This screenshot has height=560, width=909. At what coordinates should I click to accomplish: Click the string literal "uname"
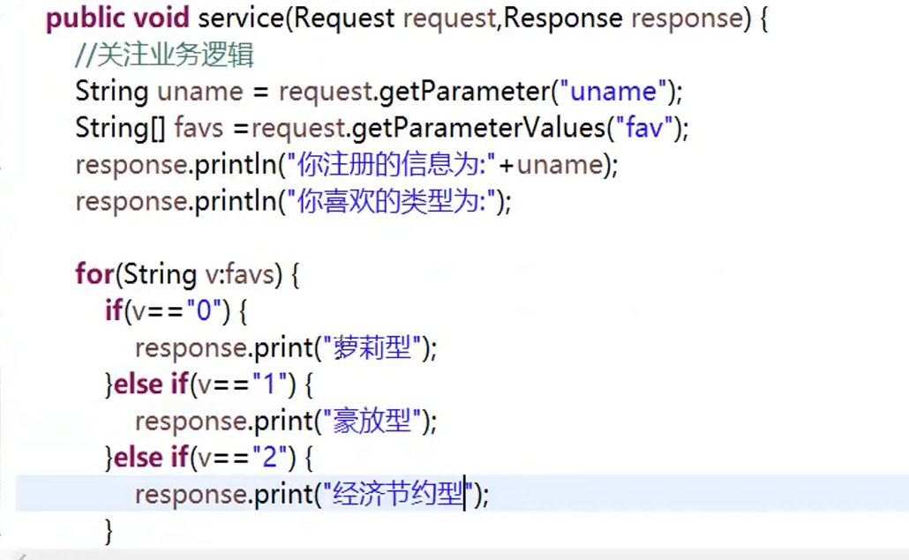615,92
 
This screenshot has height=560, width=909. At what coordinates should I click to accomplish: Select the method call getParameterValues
477,129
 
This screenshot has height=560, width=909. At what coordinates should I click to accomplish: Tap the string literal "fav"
643,129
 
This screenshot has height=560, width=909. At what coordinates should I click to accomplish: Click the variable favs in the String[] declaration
199,129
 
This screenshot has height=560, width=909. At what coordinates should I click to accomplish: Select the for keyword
93,275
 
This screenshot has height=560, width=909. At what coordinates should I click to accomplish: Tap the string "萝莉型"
372,348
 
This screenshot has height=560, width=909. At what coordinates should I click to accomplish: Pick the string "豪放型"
372,422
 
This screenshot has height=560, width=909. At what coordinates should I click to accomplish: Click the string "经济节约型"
399,495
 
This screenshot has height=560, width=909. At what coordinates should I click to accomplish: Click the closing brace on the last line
109,531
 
